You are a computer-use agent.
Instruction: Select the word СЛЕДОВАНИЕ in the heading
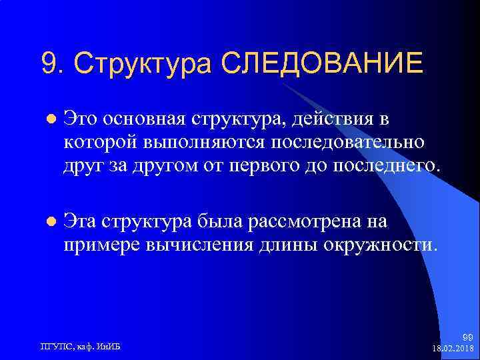322,63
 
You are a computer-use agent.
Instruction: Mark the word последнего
393,164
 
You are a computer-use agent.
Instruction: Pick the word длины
289,243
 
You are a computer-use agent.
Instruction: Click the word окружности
381,243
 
